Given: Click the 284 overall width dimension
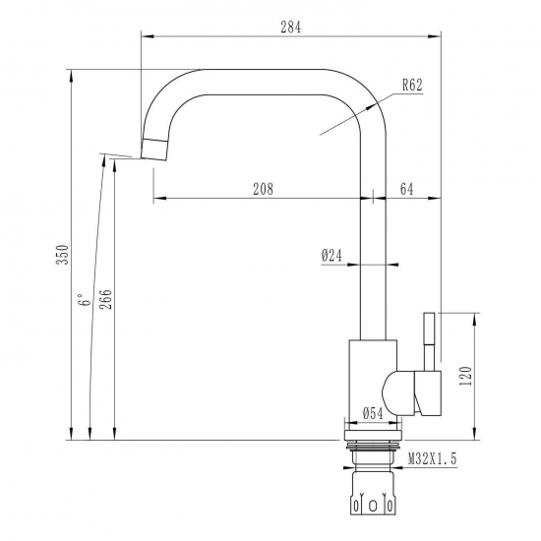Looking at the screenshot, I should (290, 28).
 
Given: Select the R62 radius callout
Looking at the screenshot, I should (412, 86).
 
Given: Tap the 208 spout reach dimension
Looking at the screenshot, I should (263, 189).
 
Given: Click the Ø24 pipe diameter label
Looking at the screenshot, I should (331, 255).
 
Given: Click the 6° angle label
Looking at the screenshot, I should (86, 300).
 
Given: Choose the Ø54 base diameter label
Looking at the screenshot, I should (372, 414).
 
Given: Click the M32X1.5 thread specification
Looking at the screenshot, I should (433, 458).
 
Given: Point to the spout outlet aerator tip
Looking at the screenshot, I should (154, 149).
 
